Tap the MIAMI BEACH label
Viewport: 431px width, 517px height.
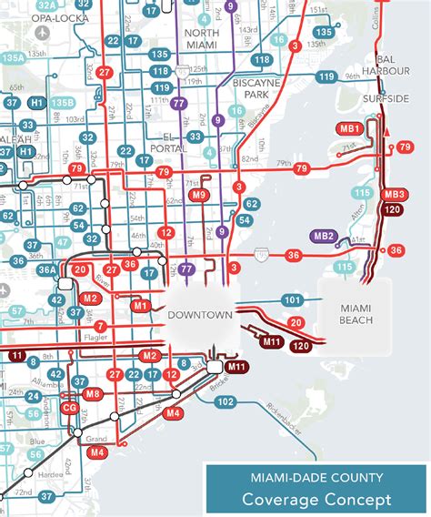click(356, 314)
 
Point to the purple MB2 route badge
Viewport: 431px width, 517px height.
click(325, 237)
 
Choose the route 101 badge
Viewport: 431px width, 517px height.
click(292, 300)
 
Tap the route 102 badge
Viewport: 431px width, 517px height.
click(226, 401)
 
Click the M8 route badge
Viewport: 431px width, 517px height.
click(92, 394)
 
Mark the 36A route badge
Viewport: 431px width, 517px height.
click(46, 269)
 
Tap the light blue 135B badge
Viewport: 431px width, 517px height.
click(63, 103)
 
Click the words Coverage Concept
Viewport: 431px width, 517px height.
click(316, 499)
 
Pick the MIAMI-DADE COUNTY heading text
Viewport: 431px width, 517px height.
click(316, 477)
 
